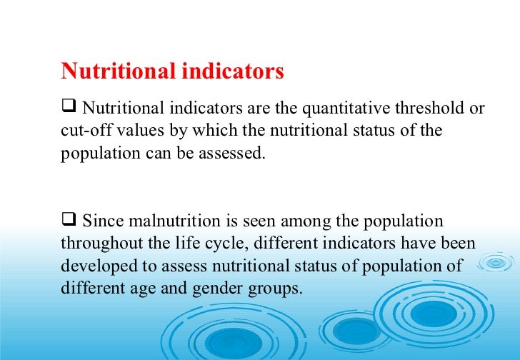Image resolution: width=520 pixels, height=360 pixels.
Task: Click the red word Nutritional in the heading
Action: (x=118, y=71)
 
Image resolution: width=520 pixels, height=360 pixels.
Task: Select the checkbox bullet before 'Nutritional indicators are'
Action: (x=69, y=109)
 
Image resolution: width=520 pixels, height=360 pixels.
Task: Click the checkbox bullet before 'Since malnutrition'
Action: (x=69, y=220)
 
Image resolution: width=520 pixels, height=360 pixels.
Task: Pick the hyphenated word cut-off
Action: (x=82, y=131)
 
